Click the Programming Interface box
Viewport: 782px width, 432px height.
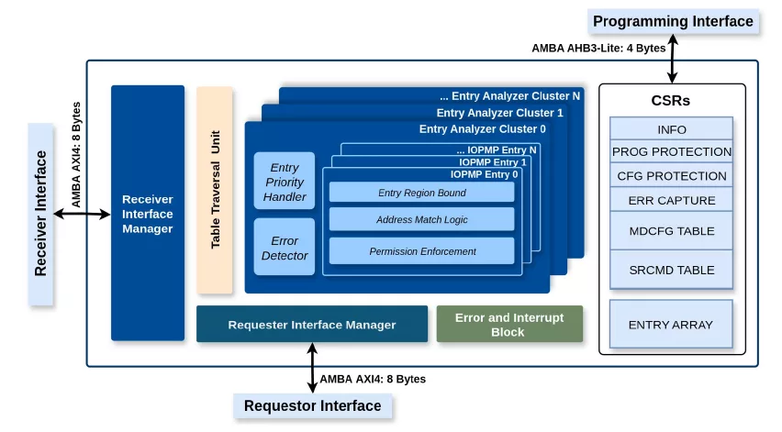[673, 21]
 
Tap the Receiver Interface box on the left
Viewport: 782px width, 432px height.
[41, 214]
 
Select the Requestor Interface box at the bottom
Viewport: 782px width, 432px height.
[312, 405]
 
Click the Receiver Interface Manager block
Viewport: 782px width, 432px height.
[147, 213]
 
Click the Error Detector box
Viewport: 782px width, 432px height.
[285, 248]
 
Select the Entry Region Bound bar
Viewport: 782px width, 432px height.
[421, 193]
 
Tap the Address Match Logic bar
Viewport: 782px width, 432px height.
[421, 220]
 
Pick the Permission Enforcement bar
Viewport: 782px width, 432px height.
[421, 250]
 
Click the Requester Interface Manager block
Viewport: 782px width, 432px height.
[312, 325]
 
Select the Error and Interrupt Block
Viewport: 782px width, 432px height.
[508, 325]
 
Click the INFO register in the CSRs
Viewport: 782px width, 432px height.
[671, 129]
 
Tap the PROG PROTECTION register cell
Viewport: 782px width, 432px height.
[671, 152]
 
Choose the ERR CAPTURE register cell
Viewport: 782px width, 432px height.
[671, 200]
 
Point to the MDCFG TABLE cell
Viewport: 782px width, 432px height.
[671, 231]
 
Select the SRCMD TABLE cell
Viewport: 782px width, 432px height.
[671, 270]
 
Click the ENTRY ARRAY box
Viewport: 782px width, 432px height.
[671, 324]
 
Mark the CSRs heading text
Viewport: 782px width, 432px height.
[671, 101]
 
